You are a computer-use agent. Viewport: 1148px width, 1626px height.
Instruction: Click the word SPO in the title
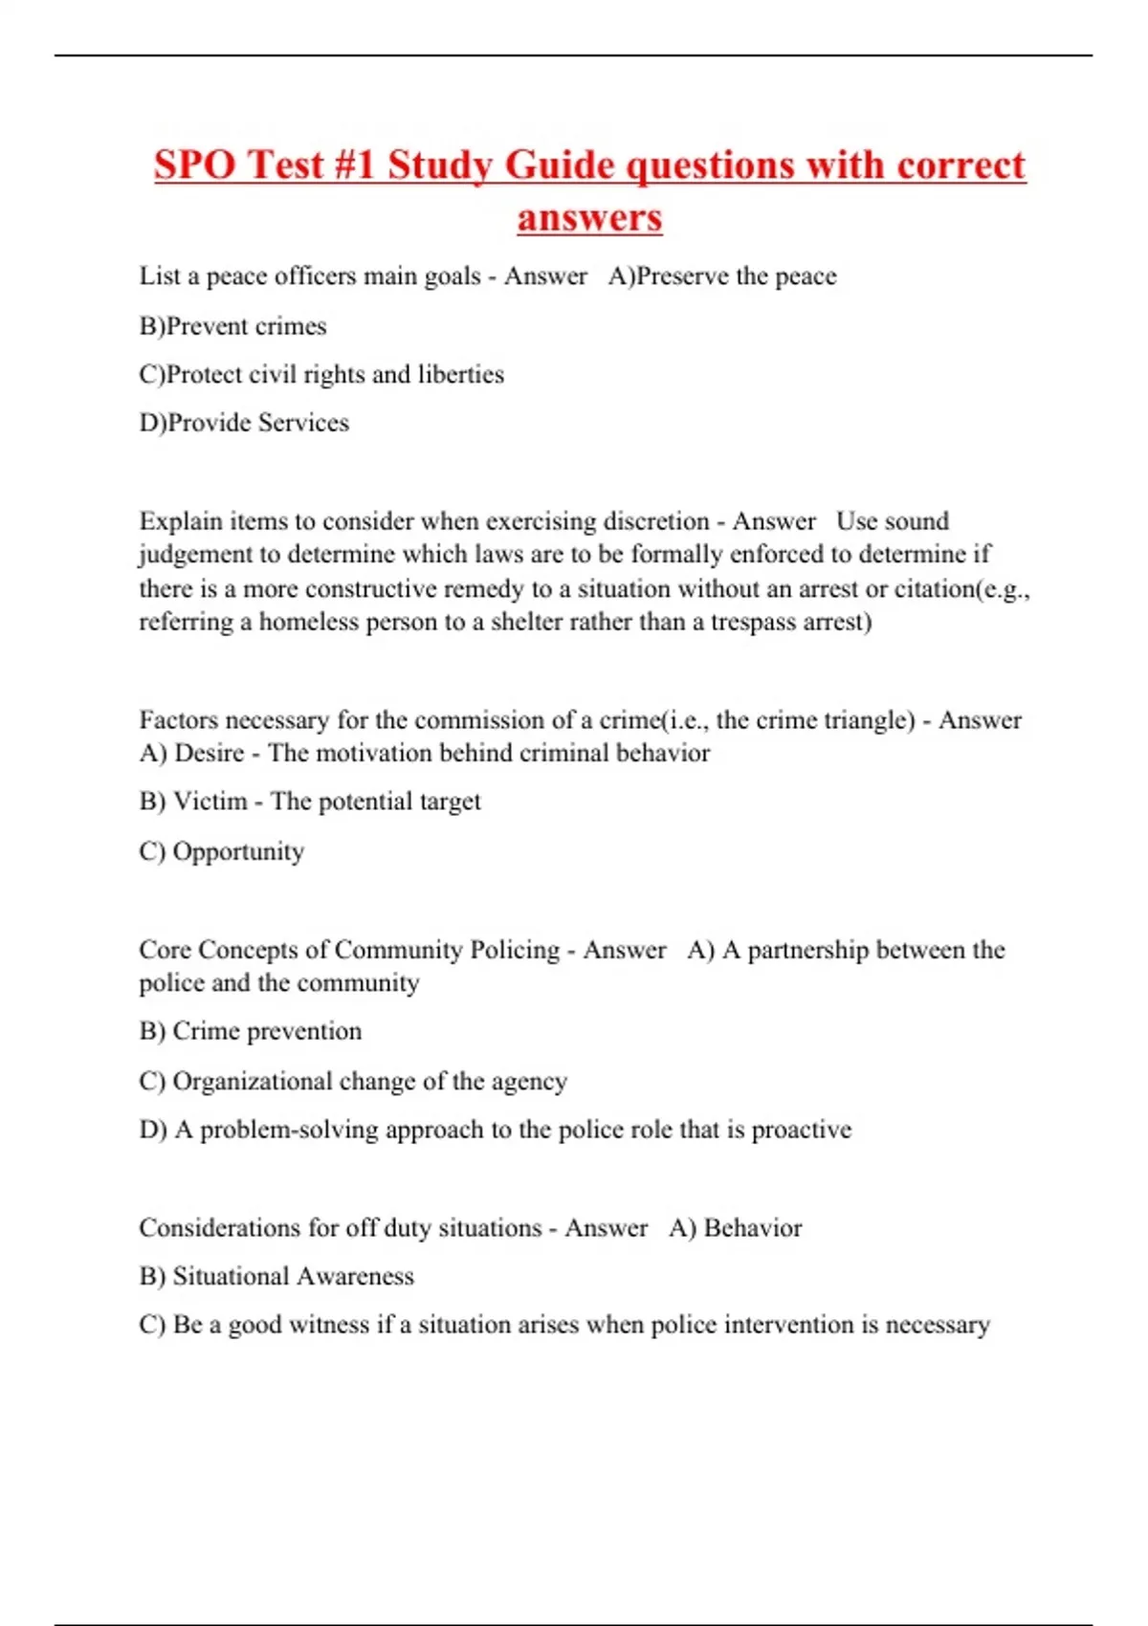(195, 165)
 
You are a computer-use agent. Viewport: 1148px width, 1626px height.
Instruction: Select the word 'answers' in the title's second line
(589, 218)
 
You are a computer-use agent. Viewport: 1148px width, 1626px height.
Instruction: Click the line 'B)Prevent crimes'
(232, 326)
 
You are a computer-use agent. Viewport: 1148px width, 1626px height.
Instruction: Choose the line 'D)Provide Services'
(244, 423)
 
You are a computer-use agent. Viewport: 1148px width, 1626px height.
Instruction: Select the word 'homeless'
(308, 622)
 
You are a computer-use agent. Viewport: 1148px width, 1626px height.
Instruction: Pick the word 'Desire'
(210, 753)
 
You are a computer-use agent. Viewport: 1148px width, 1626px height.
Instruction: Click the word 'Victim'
(210, 802)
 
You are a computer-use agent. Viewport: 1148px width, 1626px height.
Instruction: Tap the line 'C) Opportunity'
(222, 851)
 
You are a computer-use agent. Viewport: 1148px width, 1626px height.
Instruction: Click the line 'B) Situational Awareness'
(276, 1276)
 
